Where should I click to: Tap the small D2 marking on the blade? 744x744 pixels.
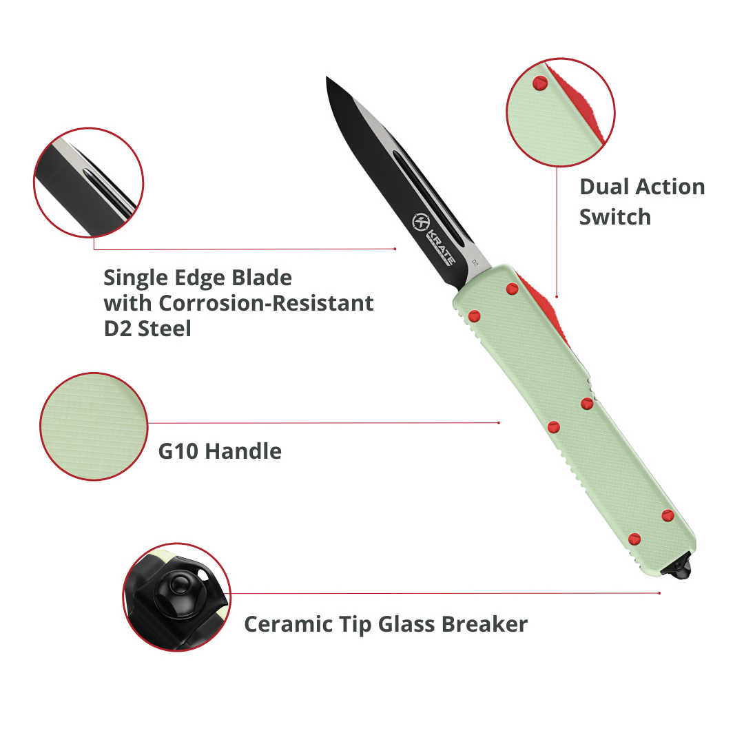pyautogui.click(x=475, y=263)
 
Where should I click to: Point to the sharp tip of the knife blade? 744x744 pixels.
pyautogui.click(x=327, y=76)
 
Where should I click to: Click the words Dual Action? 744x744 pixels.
pyautogui.click(x=642, y=187)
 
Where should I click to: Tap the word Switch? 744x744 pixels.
pyautogui.click(x=615, y=217)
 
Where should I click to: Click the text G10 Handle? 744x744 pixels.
pyautogui.click(x=220, y=451)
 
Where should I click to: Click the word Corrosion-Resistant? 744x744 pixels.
pyautogui.click(x=266, y=302)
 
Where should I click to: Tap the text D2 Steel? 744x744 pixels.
pyautogui.click(x=147, y=329)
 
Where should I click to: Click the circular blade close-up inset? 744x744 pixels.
pyautogui.click(x=89, y=183)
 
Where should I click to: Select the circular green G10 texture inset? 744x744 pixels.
pyautogui.click(x=94, y=426)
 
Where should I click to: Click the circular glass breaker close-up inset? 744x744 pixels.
pyautogui.click(x=176, y=597)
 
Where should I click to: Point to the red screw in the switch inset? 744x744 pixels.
pyautogui.click(x=540, y=83)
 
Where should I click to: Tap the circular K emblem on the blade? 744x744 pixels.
pyautogui.click(x=420, y=222)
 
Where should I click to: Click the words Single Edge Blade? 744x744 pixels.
pyautogui.click(x=198, y=278)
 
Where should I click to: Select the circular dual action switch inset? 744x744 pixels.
pyautogui.click(x=561, y=112)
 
